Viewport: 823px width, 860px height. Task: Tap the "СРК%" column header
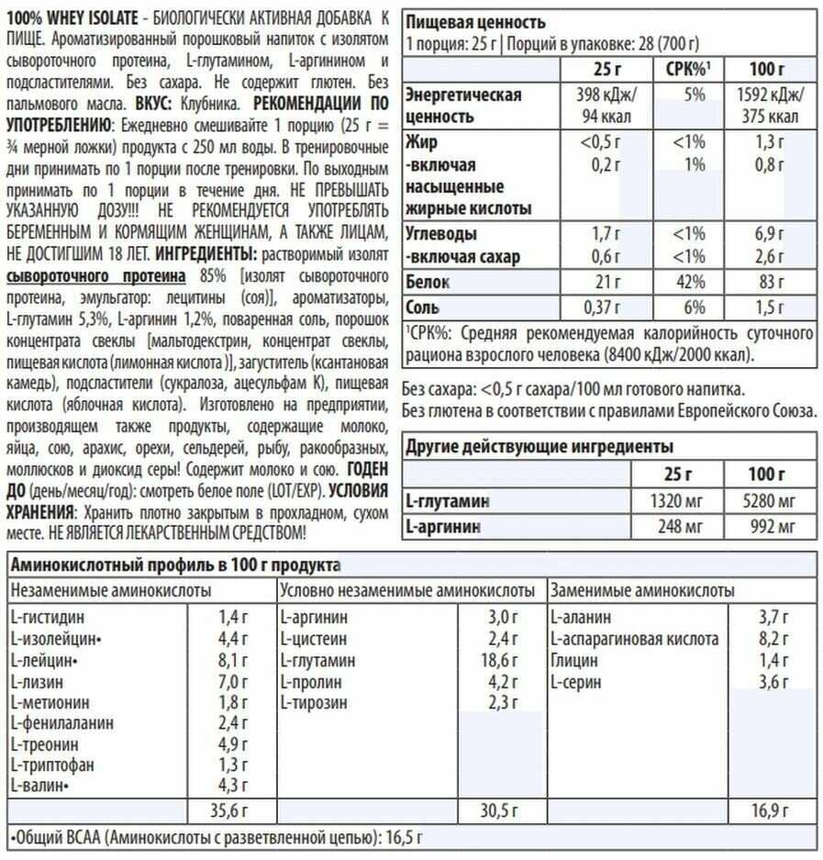tap(686, 69)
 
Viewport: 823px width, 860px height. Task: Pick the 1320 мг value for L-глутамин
tap(677, 501)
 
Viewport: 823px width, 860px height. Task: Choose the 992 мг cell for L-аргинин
tap(773, 528)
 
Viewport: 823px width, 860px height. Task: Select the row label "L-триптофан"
tap(53, 765)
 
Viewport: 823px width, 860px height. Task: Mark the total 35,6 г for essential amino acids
tap(228, 810)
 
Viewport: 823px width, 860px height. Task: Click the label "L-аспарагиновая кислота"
tap(635, 639)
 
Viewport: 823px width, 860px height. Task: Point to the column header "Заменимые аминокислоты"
tap(643, 590)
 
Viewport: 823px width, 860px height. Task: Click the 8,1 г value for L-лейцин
tap(233, 660)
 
